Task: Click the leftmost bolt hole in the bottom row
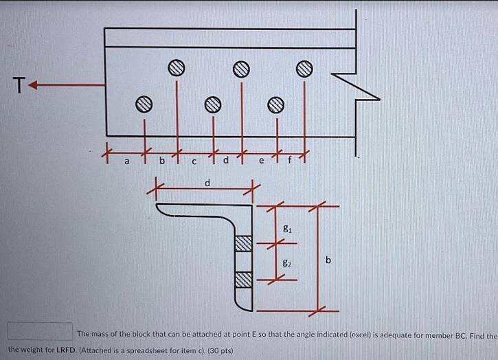pos(143,104)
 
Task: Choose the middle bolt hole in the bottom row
pos(213,104)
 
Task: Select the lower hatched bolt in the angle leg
pos(244,280)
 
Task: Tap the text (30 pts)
pos(218,350)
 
